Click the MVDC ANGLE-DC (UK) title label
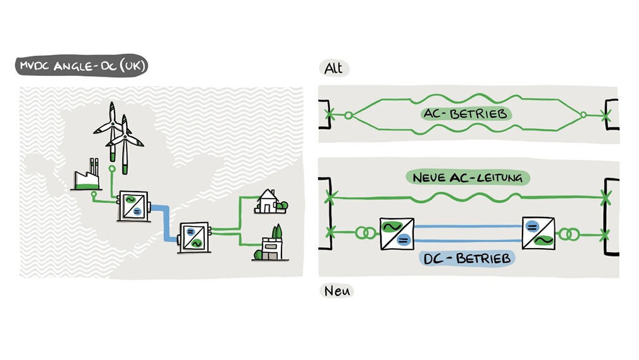[82, 65]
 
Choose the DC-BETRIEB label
[467, 258]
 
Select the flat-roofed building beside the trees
[272, 247]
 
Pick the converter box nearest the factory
[132, 206]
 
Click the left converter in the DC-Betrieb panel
[397, 232]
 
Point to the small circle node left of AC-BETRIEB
[347, 115]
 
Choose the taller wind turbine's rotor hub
[112, 123]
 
